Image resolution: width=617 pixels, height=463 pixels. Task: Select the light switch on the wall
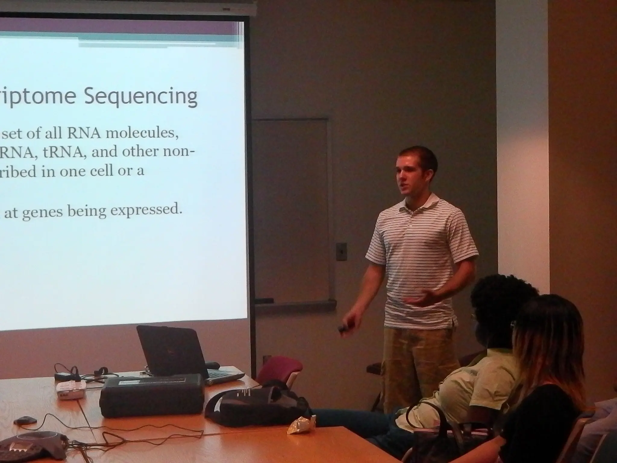pos(341,251)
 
